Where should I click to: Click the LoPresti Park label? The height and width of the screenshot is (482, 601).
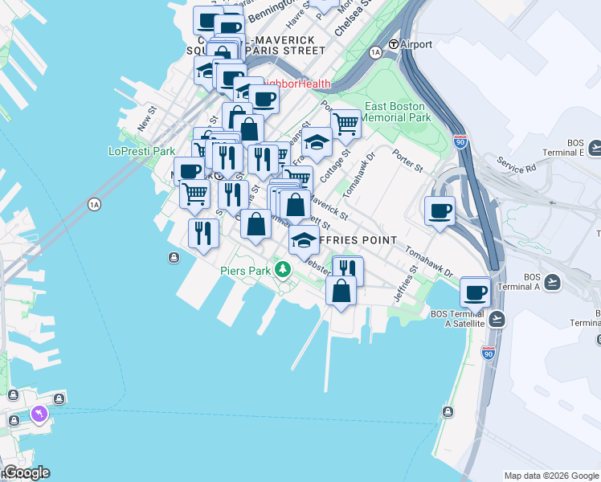click(x=141, y=150)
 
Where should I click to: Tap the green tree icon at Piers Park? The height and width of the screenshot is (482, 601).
click(x=282, y=268)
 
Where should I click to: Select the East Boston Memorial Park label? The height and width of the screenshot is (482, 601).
click(x=398, y=112)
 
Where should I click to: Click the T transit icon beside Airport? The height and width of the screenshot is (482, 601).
click(x=394, y=44)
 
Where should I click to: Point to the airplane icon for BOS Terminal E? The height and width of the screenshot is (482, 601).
click(x=595, y=148)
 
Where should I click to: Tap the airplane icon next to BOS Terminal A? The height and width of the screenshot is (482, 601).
click(x=552, y=282)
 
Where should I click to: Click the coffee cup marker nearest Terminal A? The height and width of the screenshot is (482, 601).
click(x=475, y=291)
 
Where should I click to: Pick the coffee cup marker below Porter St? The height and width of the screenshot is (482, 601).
click(x=440, y=210)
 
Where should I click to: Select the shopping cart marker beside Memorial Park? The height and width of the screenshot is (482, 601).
click(x=345, y=124)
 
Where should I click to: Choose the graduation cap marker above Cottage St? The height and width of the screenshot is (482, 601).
click(x=317, y=142)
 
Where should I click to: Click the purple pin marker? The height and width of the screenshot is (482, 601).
click(x=38, y=414)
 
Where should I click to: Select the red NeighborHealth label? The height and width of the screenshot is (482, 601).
click(x=297, y=84)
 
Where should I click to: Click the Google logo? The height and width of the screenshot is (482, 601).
click(x=26, y=472)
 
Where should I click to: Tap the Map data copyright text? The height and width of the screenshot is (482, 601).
click(x=550, y=476)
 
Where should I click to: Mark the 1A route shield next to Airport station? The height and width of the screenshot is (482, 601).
click(x=375, y=52)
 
